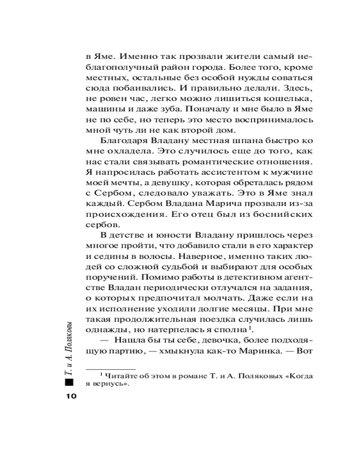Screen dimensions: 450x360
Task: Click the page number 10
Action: [71, 396]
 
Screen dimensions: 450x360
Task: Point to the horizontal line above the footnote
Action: [110, 369]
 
